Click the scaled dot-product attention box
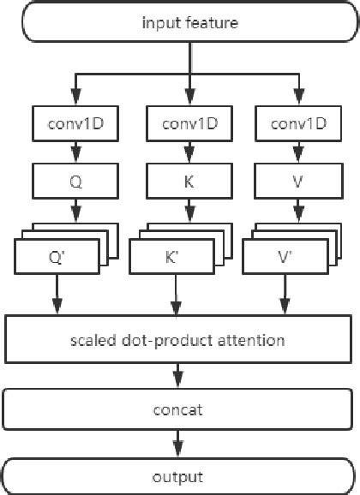point(177,340)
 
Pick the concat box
point(177,409)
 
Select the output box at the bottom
point(177,475)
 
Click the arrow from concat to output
point(177,443)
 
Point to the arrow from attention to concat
point(177,376)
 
